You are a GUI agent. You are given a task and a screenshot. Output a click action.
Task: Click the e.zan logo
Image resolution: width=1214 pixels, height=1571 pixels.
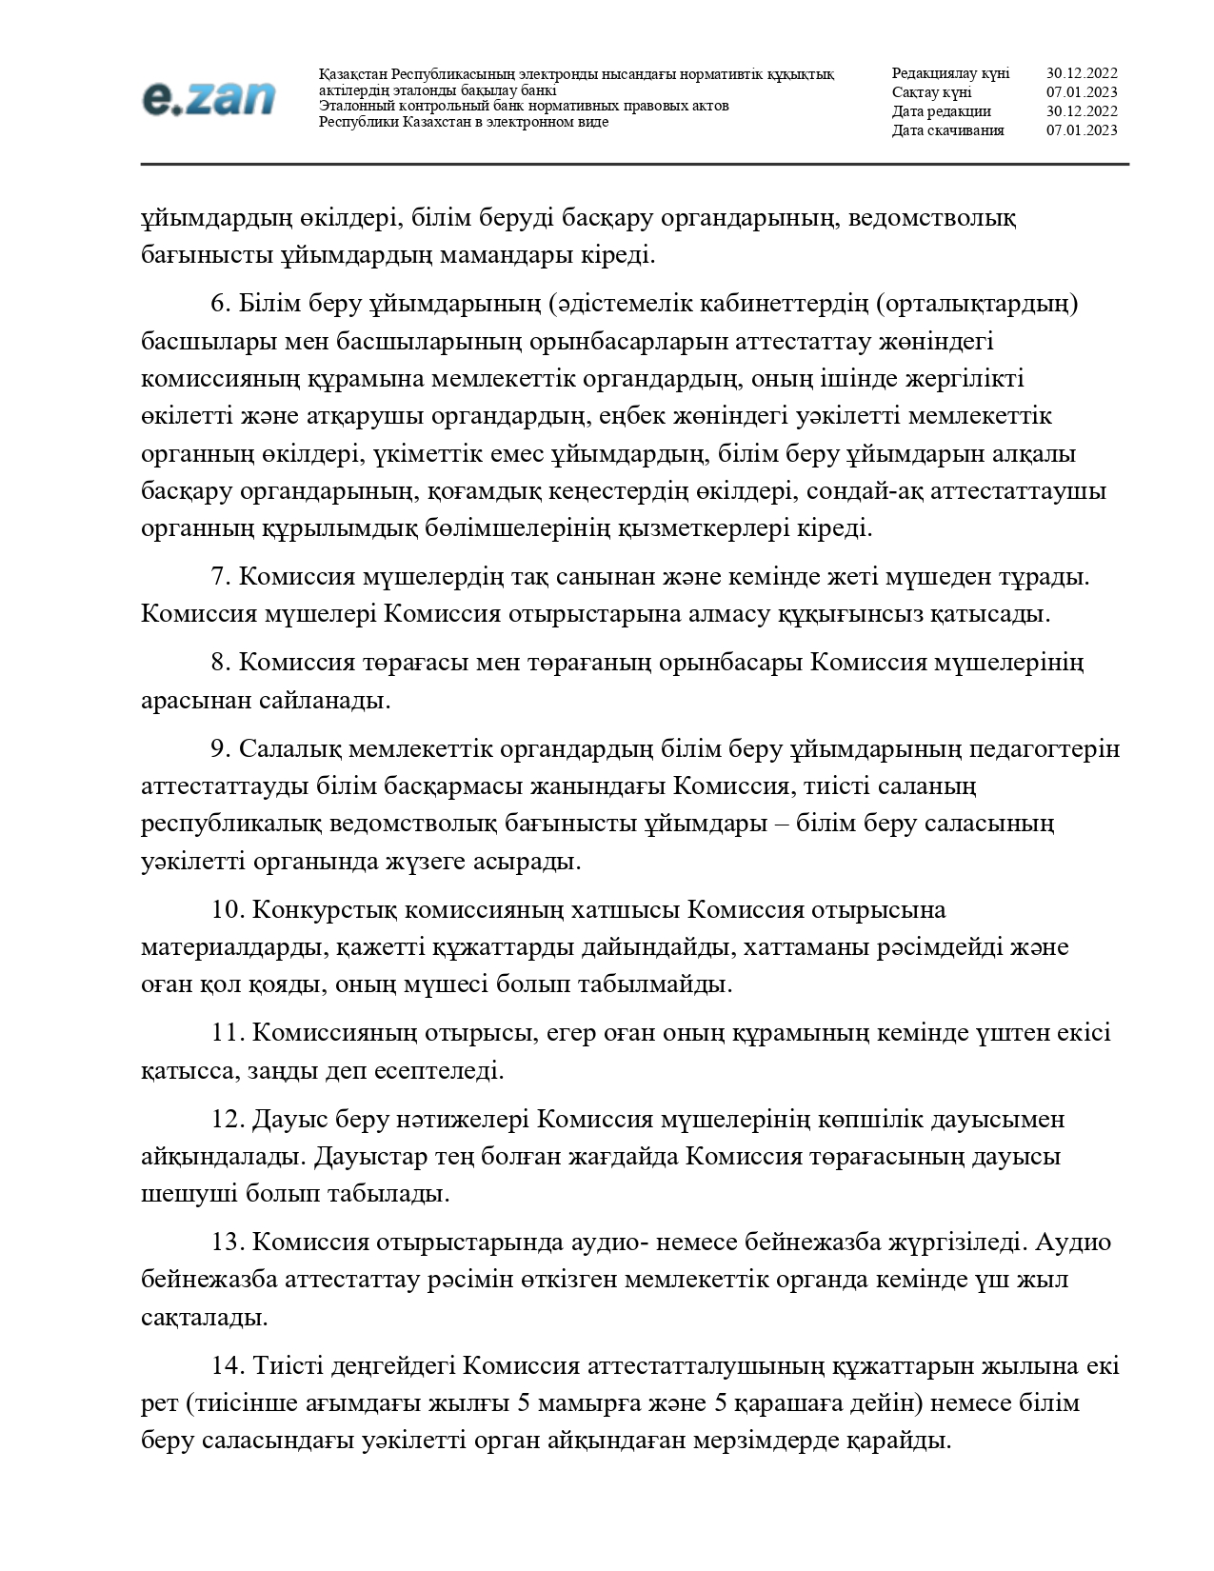coord(209,98)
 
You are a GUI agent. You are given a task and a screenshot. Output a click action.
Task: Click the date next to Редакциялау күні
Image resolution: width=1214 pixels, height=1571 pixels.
coord(1082,73)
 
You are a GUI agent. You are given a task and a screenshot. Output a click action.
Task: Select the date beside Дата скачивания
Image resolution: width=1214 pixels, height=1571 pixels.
coord(1082,130)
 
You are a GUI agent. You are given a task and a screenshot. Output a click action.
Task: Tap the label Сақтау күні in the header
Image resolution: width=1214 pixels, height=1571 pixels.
coord(931,92)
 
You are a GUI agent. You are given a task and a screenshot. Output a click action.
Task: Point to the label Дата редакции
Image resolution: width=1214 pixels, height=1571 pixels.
coord(941,111)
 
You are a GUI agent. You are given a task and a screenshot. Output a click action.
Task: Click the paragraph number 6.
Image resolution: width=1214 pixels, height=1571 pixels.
coord(220,304)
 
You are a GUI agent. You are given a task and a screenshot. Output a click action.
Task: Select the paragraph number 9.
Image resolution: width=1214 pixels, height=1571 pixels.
coord(220,749)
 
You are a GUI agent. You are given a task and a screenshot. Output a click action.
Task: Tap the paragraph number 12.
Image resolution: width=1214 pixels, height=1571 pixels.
coord(229,1119)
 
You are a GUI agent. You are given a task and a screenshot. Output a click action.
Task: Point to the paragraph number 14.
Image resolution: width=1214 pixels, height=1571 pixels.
coord(229,1366)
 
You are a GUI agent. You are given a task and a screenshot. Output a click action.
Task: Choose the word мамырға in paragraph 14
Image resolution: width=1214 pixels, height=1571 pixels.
coord(583,1403)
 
